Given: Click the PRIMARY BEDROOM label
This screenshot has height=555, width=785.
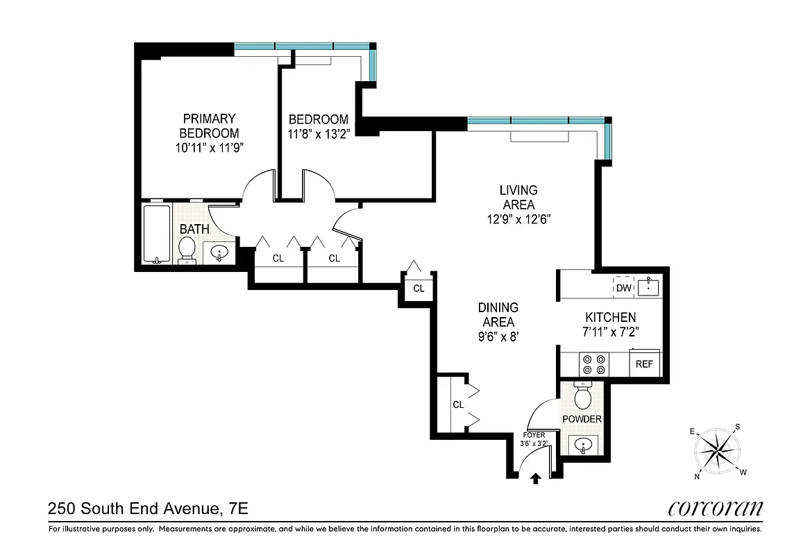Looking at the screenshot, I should pyautogui.click(x=209, y=126).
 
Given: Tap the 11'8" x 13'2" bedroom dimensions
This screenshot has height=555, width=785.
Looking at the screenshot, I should pyautogui.click(x=319, y=134).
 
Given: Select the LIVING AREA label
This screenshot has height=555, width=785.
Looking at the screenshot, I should pyautogui.click(x=518, y=197).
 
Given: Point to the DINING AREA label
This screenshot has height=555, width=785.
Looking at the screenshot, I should pyautogui.click(x=498, y=315).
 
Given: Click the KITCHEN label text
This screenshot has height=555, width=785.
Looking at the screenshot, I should pyautogui.click(x=609, y=317).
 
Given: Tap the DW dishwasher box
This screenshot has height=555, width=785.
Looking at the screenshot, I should pyautogui.click(x=623, y=287).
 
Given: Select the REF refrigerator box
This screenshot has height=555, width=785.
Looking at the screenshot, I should pyautogui.click(x=644, y=364).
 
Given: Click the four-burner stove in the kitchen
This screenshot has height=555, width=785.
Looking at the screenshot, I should pyautogui.click(x=593, y=364).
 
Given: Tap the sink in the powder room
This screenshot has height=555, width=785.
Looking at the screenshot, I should pyautogui.click(x=582, y=445).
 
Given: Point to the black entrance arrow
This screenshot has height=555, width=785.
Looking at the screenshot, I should pyautogui.click(x=535, y=478).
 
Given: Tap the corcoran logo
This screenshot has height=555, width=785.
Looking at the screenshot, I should pyautogui.click(x=715, y=508).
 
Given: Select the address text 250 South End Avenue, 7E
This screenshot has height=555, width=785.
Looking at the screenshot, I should pyautogui.click(x=148, y=509).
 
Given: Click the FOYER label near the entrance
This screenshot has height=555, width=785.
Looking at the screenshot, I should pyautogui.click(x=534, y=435).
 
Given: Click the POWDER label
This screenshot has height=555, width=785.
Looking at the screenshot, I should pyautogui.click(x=582, y=419).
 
